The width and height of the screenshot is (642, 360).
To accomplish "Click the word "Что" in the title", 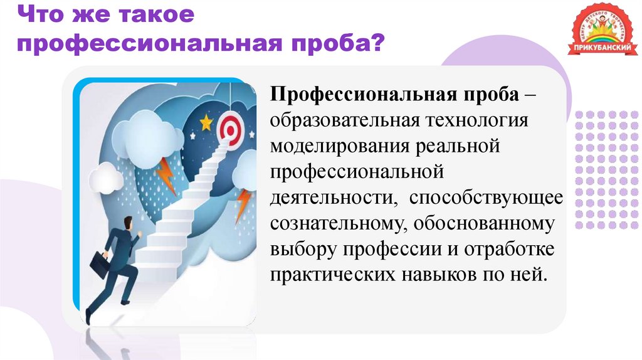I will (x=39, y=15).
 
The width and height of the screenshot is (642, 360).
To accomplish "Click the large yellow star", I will (x=206, y=120).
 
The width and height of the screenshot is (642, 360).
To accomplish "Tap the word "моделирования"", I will (x=339, y=146).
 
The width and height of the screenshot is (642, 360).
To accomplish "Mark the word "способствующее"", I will (x=487, y=198).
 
